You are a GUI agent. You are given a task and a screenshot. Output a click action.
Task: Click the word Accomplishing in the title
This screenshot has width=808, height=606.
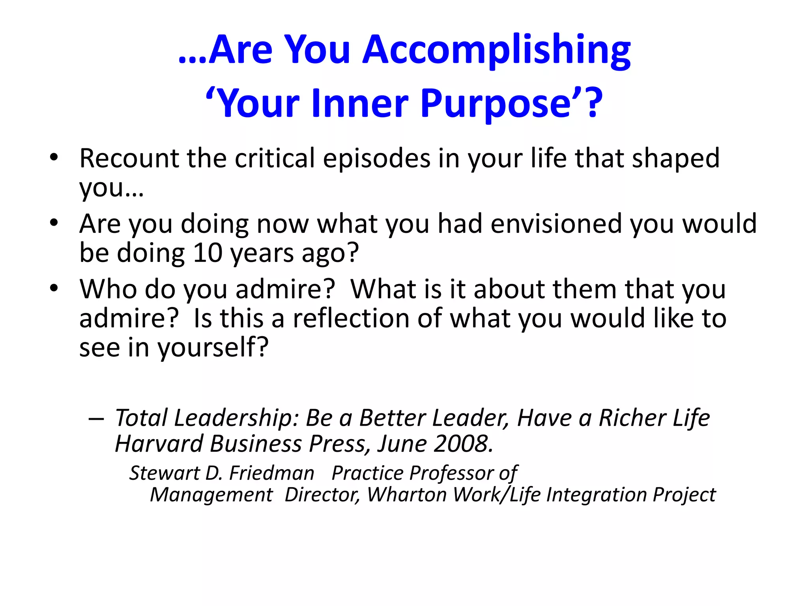click(x=496, y=50)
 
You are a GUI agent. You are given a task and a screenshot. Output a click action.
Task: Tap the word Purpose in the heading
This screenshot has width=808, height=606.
click(x=496, y=104)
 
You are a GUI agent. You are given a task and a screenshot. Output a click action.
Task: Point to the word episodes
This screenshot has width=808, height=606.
click(x=377, y=159)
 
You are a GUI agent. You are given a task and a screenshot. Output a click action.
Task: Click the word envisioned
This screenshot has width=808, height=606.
click(x=556, y=224)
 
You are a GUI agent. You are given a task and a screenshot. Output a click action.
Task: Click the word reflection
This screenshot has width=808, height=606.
click(x=351, y=318)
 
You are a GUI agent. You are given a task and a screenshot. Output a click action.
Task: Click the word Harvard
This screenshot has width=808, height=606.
click(x=159, y=444)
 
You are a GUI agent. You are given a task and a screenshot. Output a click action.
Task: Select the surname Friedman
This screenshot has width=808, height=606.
click(x=272, y=473)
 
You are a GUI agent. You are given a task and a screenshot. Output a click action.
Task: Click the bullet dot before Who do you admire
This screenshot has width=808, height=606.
click(x=54, y=288)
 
